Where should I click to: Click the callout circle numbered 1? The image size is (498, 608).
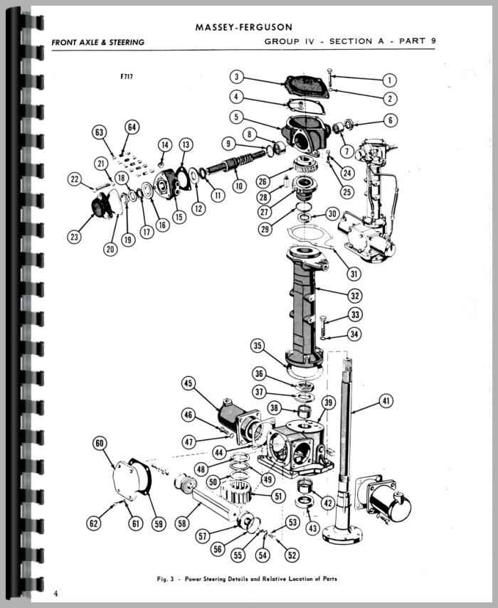coord(389,80)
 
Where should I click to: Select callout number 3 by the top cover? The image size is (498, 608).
coord(238,78)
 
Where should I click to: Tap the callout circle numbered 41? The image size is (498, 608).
coord(385,402)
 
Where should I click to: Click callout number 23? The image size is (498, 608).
coord(74,237)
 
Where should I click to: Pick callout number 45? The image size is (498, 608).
coord(188,385)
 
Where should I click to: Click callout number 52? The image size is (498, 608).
coord(292,555)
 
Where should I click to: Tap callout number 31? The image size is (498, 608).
coord(354,272)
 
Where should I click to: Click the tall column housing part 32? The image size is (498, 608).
coord(306,306)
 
